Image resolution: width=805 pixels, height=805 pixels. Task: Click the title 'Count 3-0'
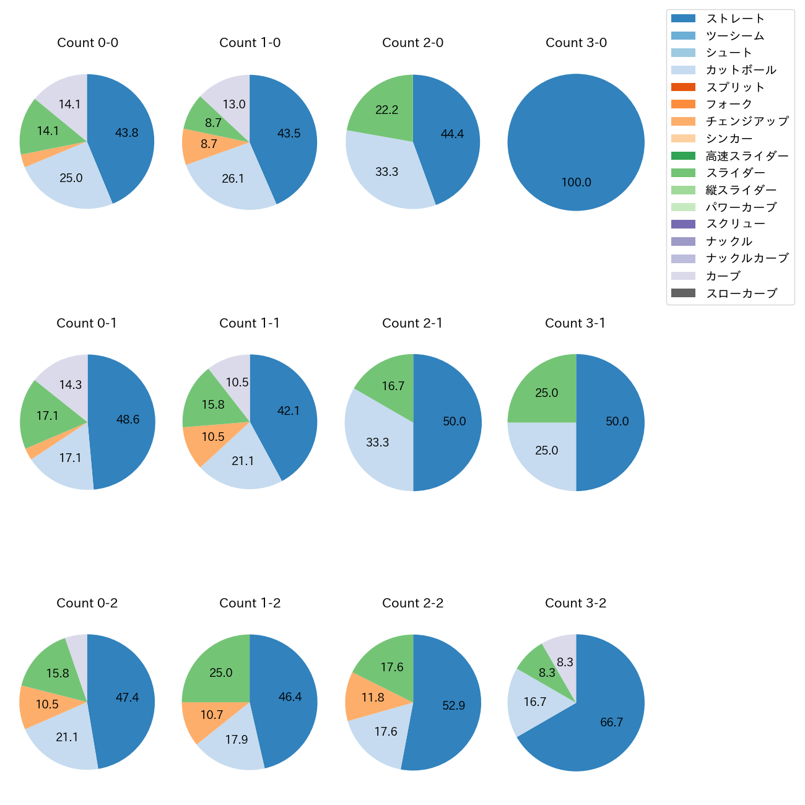(x=576, y=43)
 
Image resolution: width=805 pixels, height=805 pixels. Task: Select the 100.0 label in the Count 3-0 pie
(x=576, y=183)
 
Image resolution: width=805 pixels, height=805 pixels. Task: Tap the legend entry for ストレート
(x=735, y=19)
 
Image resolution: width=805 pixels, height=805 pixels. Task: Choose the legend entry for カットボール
(x=741, y=70)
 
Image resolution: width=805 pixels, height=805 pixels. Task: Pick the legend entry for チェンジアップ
(x=747, y=121)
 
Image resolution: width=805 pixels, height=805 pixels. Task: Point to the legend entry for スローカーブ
(x=741, y=294)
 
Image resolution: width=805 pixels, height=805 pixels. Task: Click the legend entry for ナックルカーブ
(x=747, y=259)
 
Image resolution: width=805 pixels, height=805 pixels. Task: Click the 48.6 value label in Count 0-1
(x=128, y=420)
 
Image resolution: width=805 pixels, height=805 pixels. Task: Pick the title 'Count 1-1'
(x=250, y=323)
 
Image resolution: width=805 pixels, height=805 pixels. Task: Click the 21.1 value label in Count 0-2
(x=67, y=738)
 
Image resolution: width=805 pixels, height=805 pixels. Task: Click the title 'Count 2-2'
(x=413, y=603)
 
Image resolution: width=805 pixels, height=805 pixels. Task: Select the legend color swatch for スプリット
(x=683, y=87)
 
